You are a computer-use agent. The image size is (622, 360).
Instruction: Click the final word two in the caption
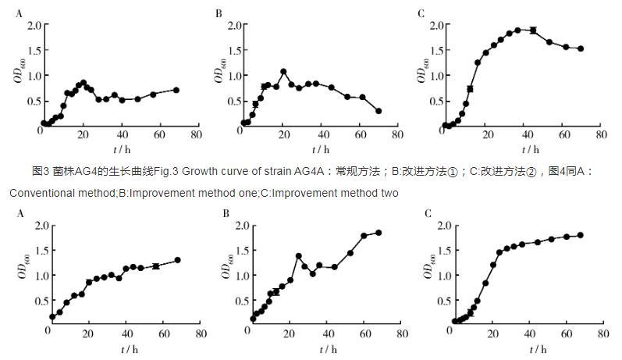(x=389, y=193)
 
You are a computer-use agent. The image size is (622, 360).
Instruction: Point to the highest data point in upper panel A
(x=83, y=82)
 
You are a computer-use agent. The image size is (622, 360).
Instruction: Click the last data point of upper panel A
(x=176, y=90)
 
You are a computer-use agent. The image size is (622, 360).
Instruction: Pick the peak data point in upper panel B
(x=283, y=72)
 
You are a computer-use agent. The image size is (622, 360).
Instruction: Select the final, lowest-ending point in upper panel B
(x=379, y=111)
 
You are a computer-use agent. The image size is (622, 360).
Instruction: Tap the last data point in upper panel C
(x=581, y=48)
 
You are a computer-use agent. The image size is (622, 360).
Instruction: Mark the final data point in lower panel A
(x=178, y=260)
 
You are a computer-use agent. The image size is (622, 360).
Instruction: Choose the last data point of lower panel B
(x=379, y=232)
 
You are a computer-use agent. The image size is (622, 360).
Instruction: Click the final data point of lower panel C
(x=581, y=235)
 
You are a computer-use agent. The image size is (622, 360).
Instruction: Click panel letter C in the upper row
(x=421, y=13)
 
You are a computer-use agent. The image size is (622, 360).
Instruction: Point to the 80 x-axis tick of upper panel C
(x=600, y=135)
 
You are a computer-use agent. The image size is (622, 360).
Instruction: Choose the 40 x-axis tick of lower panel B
(x=325, y=334)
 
